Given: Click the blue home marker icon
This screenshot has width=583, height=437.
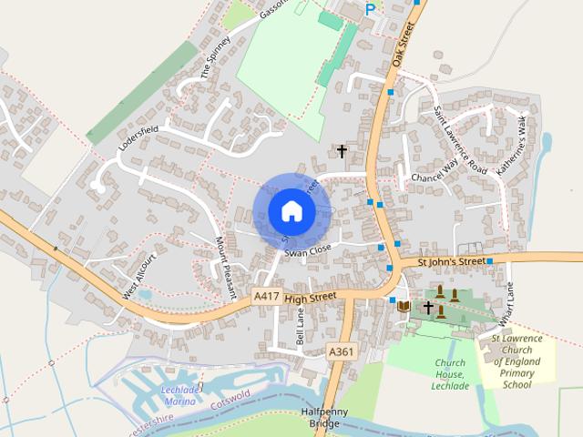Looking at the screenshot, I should click(x=291, y=211).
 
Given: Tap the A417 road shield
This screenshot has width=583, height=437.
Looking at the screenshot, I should click(x=266, y=296).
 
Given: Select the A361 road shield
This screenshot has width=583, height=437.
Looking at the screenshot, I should click(x=340, y=351).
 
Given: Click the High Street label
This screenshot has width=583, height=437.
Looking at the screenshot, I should click(x=310, y=296).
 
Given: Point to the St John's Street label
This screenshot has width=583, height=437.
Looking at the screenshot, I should click(x=451, y=262).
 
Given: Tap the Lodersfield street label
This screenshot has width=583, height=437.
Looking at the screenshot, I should click(x=138, y=138).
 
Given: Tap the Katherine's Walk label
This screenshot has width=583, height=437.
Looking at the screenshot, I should click(x=510, y=145).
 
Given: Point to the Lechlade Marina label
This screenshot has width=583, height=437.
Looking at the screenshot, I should click(x=178, y=395).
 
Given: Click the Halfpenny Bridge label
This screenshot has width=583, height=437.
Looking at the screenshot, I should click(x=325, y=418).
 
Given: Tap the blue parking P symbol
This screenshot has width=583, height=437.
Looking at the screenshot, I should click(x=370, y=9).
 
